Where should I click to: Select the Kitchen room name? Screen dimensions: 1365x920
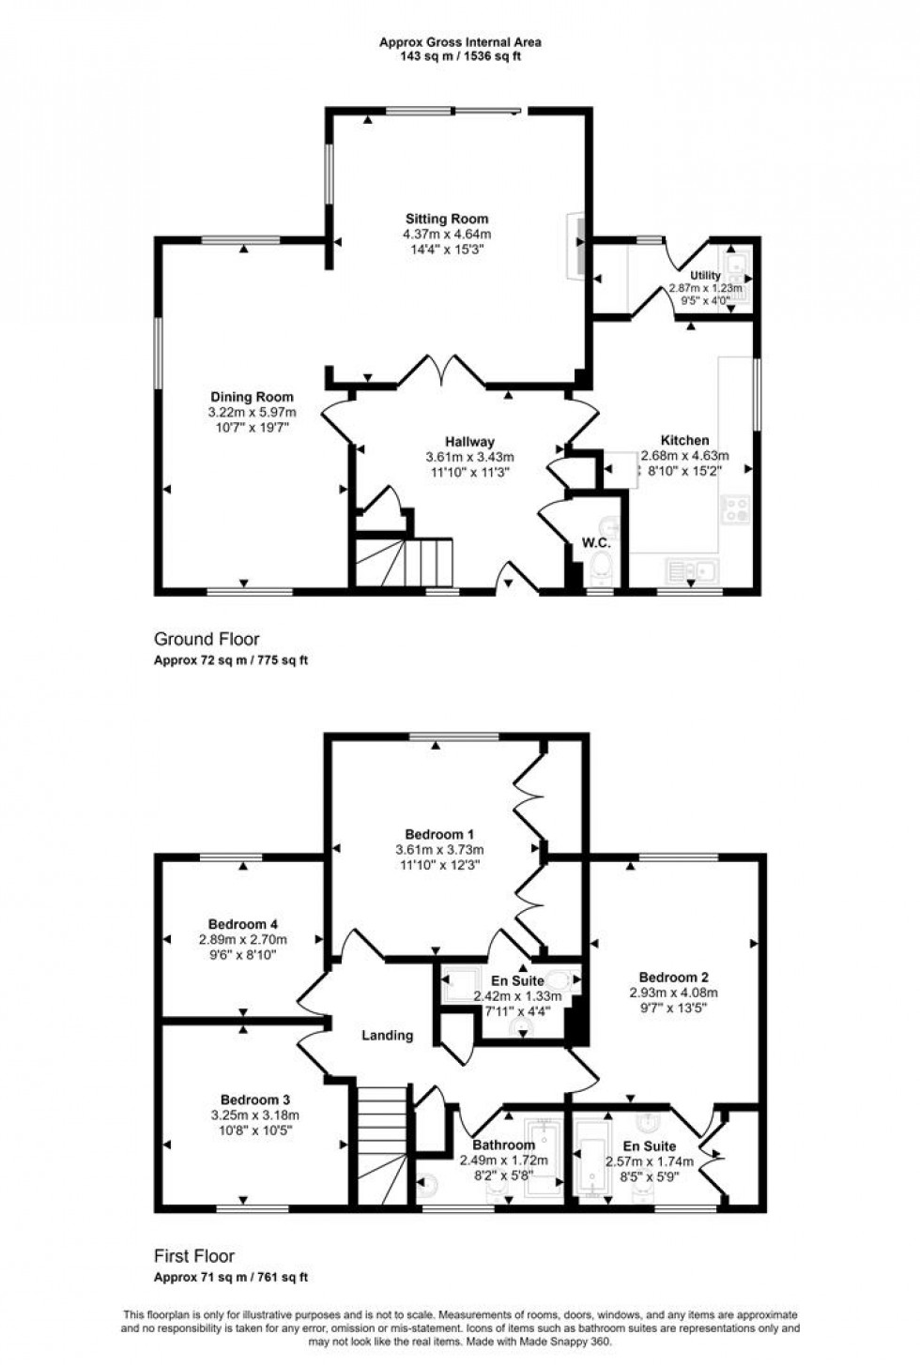tap(685, 440)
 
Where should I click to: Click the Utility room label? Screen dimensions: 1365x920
tap(705, 276)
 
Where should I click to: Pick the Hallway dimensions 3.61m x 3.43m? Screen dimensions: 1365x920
tap(469, 458)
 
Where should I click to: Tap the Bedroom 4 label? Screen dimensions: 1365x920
tap(242, 924)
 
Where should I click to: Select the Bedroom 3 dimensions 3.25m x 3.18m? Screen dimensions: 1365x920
tap(255, 1115)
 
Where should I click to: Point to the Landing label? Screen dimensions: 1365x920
tap(388, 1036)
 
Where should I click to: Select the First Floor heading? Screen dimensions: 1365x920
tap(194, 1256)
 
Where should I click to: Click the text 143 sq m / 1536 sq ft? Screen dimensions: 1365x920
tap(460, 56)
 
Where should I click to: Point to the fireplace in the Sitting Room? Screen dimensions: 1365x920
tap(575, 247)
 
